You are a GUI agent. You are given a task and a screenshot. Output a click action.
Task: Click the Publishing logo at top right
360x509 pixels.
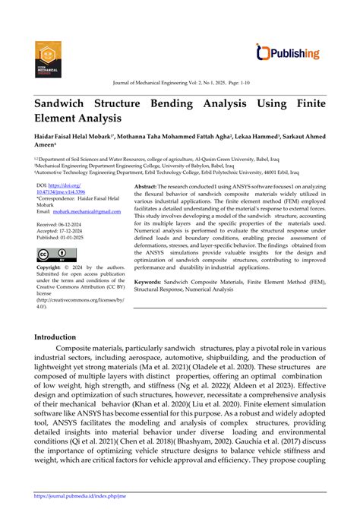pos(289,52)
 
